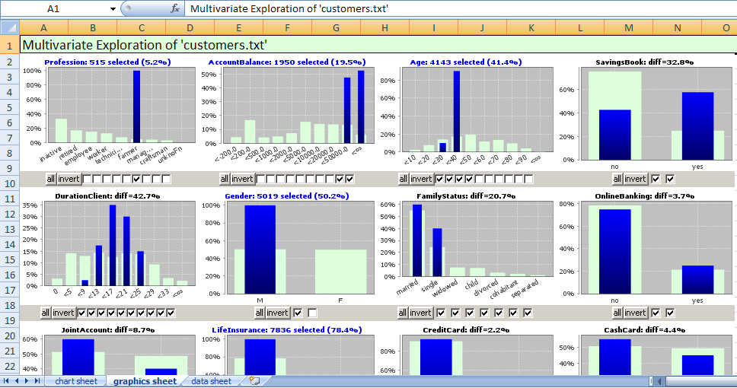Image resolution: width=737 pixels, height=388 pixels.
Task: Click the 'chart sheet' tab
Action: tap(76, 381)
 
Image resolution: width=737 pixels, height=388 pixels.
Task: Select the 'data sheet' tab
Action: tap(211, 381)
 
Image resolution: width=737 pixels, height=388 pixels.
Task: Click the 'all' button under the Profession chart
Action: tap(51, 179)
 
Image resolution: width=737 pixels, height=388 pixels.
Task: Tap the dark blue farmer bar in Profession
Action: tap(136, 107)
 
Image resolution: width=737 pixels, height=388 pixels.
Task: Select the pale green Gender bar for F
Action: tap(340, 271)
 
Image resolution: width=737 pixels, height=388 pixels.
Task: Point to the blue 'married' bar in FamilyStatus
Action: tap(417, 240)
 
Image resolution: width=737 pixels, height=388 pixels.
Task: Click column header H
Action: tap(384, 27)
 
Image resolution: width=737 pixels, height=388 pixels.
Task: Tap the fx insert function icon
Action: tap(174, 9)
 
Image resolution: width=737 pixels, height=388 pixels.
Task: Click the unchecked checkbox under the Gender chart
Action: tap(313, 313)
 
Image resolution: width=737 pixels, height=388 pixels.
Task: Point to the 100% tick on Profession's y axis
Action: tap(32, 71)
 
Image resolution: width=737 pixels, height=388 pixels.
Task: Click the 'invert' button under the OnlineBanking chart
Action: tap(635, 313)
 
